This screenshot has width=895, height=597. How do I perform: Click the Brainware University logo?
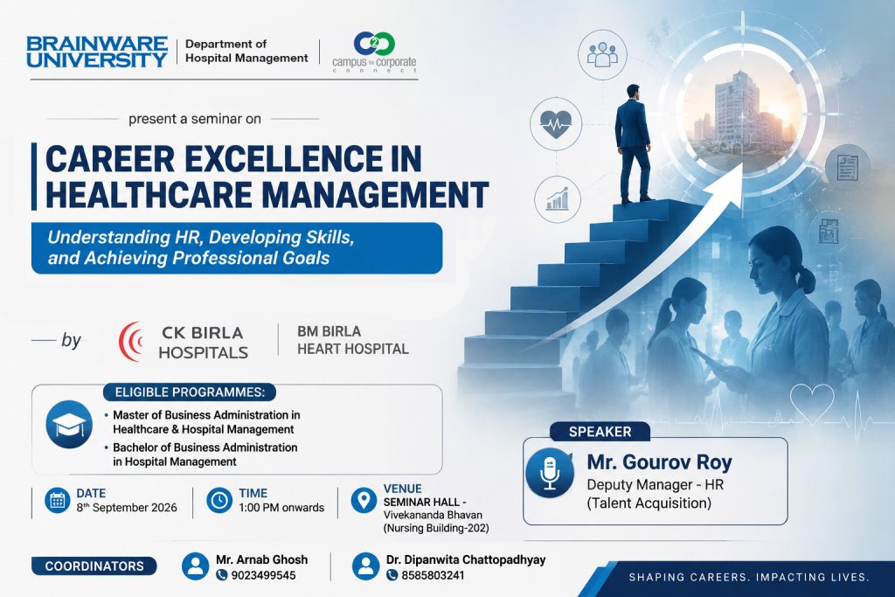97,52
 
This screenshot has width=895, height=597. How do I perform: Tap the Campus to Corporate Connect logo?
374,52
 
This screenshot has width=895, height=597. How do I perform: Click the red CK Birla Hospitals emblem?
131,341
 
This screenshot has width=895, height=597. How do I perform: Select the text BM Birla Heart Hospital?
353,340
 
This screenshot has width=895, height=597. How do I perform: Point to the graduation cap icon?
69,424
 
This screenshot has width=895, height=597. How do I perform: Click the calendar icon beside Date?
57,501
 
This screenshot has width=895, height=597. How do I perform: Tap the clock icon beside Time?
219,501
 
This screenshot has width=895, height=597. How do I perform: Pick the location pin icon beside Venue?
364,500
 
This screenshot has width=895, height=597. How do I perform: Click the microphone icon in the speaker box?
550,473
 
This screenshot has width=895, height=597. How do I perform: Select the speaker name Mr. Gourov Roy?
659,462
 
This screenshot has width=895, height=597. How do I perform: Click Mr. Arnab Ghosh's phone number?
263,575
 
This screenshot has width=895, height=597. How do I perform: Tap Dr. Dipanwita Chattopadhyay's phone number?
433,575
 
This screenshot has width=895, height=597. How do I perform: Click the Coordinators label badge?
94,566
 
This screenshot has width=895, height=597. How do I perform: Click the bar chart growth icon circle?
558,199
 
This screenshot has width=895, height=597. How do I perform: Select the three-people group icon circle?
603,55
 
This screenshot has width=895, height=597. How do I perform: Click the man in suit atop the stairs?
634,143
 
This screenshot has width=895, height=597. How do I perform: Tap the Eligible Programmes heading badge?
190,392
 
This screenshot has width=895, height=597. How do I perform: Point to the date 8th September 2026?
127,507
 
